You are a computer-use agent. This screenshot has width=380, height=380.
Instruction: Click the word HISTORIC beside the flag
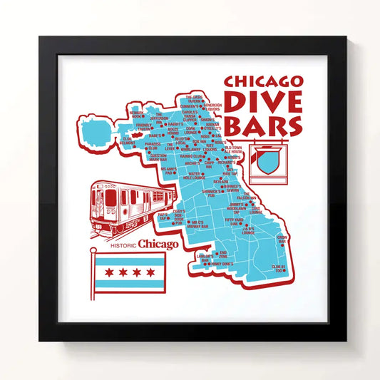click(x=123, y=246)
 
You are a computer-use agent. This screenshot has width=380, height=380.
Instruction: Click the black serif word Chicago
click(x=158, y=245)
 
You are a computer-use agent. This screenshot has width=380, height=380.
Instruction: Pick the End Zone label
click(x=223, y=254)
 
